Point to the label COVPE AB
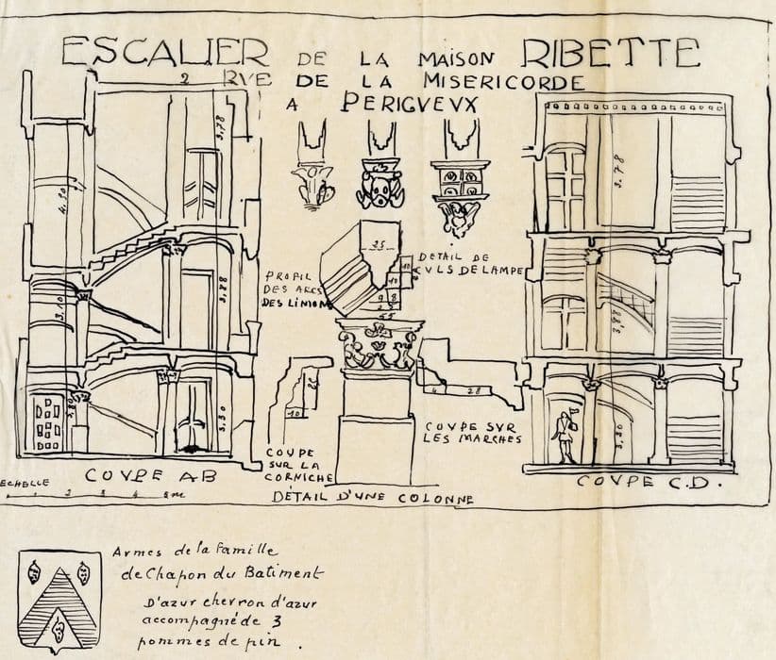151,476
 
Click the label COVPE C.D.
648,482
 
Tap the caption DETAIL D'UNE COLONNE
373,497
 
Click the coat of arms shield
59,602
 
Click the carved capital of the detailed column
379,346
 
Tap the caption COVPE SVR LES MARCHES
473,432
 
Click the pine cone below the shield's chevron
59,620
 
